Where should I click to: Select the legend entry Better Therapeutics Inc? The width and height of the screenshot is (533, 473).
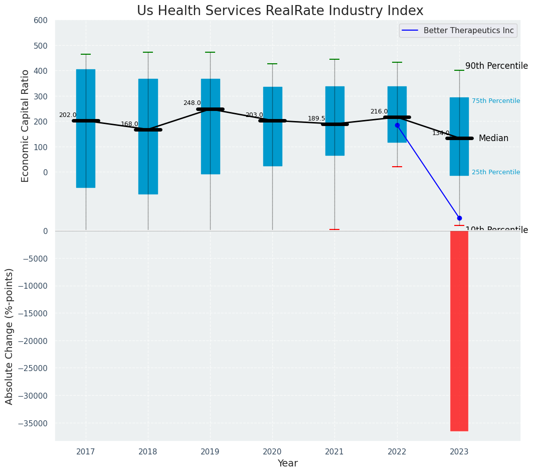pyautogui.click(x=468, y=31)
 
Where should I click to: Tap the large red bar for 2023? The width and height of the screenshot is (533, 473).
pyautogui.click(x=459, y=331)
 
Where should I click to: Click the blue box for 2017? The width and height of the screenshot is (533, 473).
pyautogui.click(x=86, y=151)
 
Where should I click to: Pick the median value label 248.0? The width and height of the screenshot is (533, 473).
pyautogui.click(x=192, y=103)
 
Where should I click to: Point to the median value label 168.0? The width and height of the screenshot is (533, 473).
pyautogui.click(x=129, y=124)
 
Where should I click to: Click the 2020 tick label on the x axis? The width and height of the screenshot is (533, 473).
pyautogui.click(x=272, y=451)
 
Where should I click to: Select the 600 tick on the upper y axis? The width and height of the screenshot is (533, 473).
pyautogui.click(x=41, y=21)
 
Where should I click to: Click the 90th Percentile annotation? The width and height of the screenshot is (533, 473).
pyautogui.click(x=496, y=66)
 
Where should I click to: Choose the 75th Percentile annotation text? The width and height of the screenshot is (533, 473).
pyautogui.click(x=495, y=101)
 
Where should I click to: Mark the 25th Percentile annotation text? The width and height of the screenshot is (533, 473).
pyautogui.click(x=495, y=172)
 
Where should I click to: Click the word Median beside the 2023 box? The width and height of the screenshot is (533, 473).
pyautogui.click(x=493, y=139)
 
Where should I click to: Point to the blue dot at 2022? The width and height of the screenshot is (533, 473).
pyautogui.click(x=397, y=125)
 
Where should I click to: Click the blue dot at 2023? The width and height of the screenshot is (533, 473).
pyautogui.click(x=459, y=218)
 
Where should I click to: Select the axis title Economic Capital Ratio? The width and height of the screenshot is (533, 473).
pyautogui.click(x=26, y=126)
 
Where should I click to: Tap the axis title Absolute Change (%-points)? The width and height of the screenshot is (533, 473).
pyautogui.click(x=10, y=336)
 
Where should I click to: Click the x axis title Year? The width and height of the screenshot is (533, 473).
pyautogui.click(x=287, y=463)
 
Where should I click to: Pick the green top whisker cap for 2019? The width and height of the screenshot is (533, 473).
pyautogui.click(x=210, y=52)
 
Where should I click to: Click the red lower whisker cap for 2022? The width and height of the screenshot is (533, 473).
pyautogui.click(x=397, y=167)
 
